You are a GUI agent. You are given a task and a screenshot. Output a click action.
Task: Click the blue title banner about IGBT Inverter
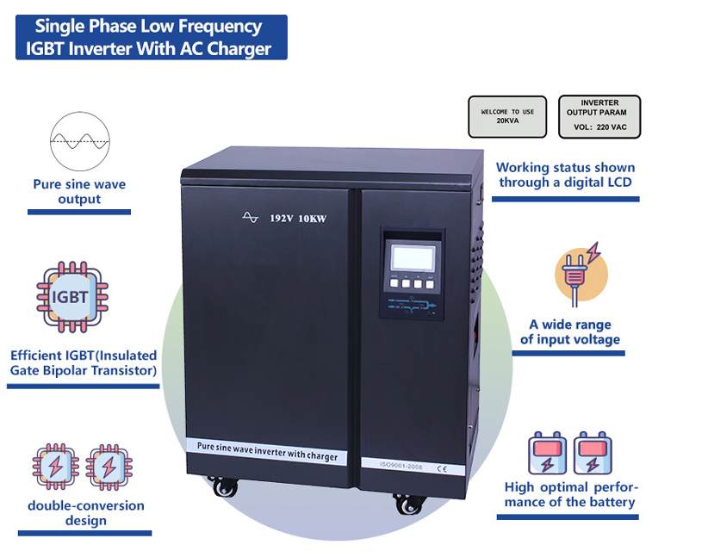152,37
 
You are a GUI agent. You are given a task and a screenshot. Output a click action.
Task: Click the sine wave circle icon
80,141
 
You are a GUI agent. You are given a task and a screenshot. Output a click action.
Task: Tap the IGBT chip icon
72,297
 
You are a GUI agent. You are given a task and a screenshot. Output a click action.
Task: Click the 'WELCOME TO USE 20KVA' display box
507,116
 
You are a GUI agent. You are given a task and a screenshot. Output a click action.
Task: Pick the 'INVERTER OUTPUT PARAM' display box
599,116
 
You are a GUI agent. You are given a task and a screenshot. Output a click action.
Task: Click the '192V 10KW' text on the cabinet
298,219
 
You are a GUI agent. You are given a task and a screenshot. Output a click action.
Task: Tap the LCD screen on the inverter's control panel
413,257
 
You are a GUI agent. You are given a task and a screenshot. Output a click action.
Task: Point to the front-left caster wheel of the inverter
225,487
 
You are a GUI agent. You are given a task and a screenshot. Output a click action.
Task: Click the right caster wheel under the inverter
409,504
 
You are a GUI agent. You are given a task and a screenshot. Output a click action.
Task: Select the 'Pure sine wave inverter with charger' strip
267,451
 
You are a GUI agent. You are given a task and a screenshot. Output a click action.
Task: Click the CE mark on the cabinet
442,468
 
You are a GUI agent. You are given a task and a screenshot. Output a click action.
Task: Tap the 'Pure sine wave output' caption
79,191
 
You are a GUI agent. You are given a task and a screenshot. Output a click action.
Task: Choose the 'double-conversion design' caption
86,513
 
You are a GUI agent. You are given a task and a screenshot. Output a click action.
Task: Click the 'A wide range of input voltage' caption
570,331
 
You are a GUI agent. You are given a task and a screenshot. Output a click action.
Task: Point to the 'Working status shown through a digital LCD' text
565,175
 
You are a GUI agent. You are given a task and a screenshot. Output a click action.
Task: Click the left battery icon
547,453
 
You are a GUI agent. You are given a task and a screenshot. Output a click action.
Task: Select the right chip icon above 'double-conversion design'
109,467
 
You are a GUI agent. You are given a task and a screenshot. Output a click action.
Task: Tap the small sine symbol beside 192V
250,217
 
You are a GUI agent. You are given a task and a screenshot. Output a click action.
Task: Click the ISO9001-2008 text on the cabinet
401,466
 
